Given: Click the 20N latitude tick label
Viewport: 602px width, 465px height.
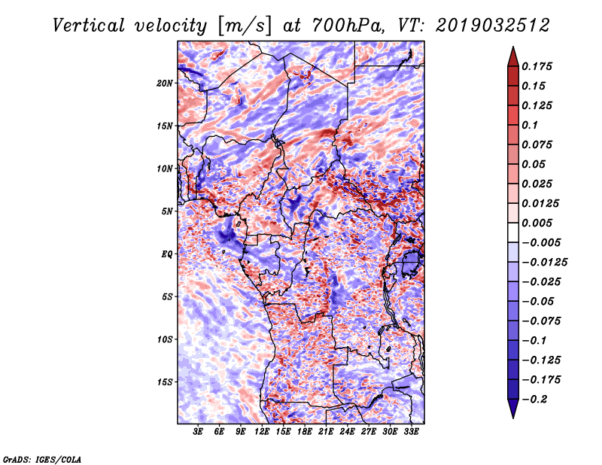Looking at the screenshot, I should point(165,83).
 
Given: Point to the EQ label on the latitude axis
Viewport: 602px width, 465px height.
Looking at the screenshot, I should point(166,254).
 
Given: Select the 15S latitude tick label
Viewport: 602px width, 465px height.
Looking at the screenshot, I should point(165,381).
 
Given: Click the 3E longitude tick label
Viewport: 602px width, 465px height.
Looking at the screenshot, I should point(198,433).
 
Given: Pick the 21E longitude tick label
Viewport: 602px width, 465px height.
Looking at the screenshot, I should point(325,433).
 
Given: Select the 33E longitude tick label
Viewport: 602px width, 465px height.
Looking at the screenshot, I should point(410,433).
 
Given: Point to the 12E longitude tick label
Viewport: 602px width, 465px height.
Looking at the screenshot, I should point(262,433).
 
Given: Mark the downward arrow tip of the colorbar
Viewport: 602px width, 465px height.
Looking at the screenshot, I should point(512,416).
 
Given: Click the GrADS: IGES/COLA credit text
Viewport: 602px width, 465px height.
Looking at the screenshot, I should point(41,458).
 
